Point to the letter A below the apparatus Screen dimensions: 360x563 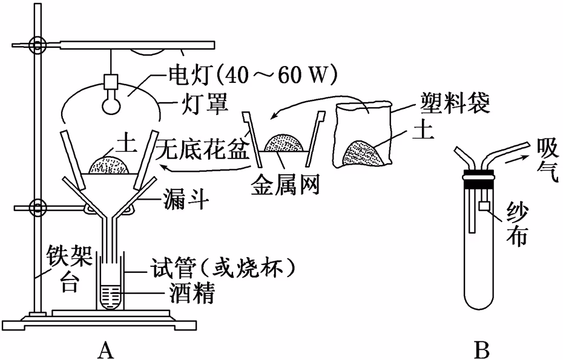(107, 348)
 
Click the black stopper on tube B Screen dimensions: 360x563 (478, 179)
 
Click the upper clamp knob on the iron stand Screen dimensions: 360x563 (38, 44)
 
